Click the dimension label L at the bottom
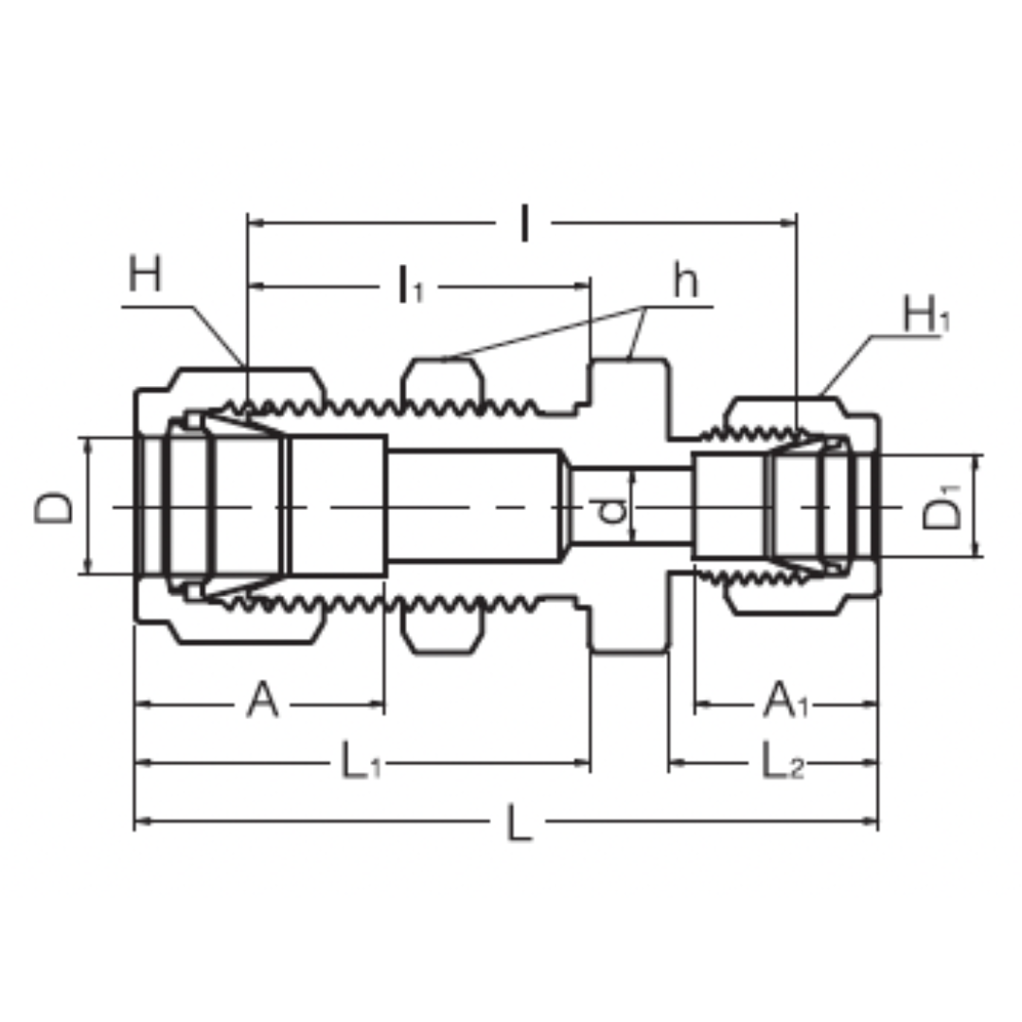(519, 824)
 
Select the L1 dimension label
(361, 763)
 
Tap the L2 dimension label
(783, 763)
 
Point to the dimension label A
(262, 703)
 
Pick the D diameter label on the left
(54, 507)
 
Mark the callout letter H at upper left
(146, 276)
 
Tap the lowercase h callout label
(684, 281)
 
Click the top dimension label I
(522, 225)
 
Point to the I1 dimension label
(410, 284)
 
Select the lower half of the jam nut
(443, 629)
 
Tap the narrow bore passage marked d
(653, 506)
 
